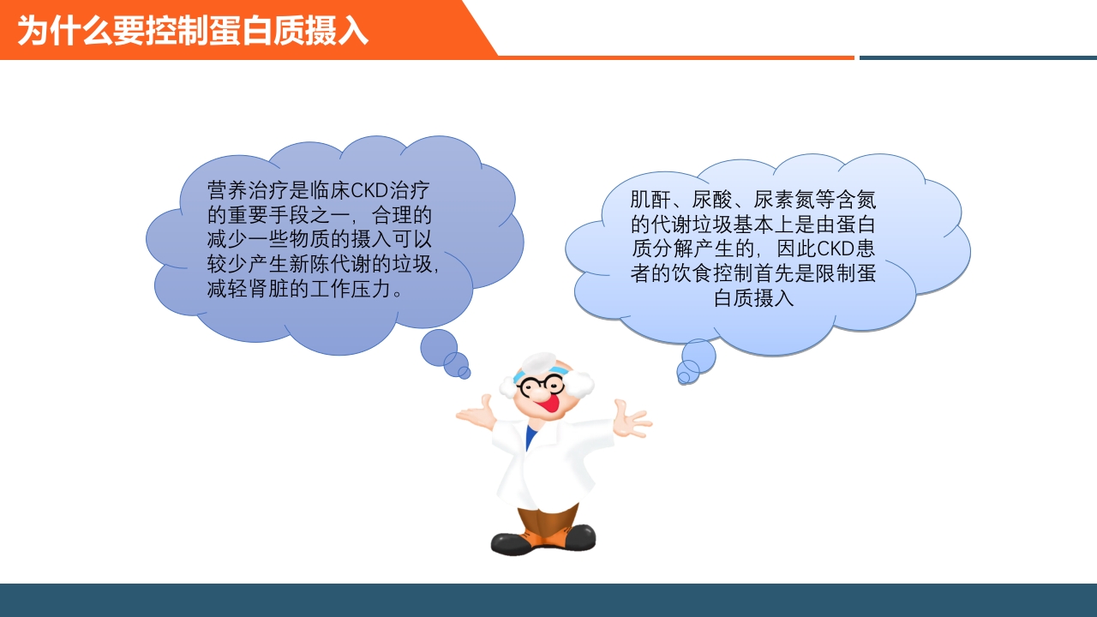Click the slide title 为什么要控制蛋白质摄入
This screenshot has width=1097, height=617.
[193, 31]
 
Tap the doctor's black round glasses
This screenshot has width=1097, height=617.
[541, 385]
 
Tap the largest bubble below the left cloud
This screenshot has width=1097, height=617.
[439, 347]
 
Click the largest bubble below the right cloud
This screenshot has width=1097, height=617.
[699, 355]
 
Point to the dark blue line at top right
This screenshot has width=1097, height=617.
[977, 57]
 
